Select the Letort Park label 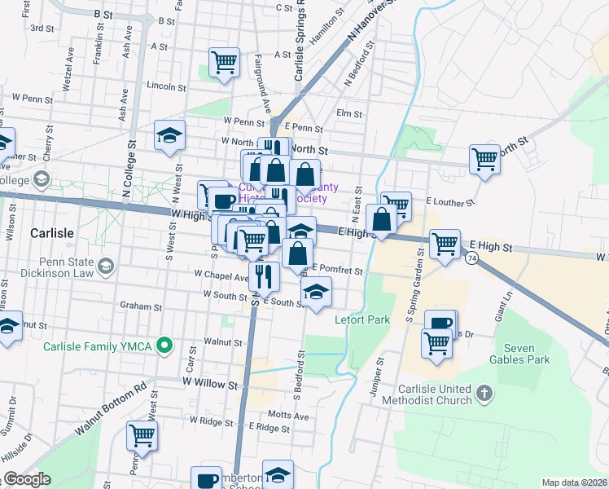point(362,319)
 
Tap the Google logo point(26,479)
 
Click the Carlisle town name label point(51,232)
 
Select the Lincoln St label point(167,85)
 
